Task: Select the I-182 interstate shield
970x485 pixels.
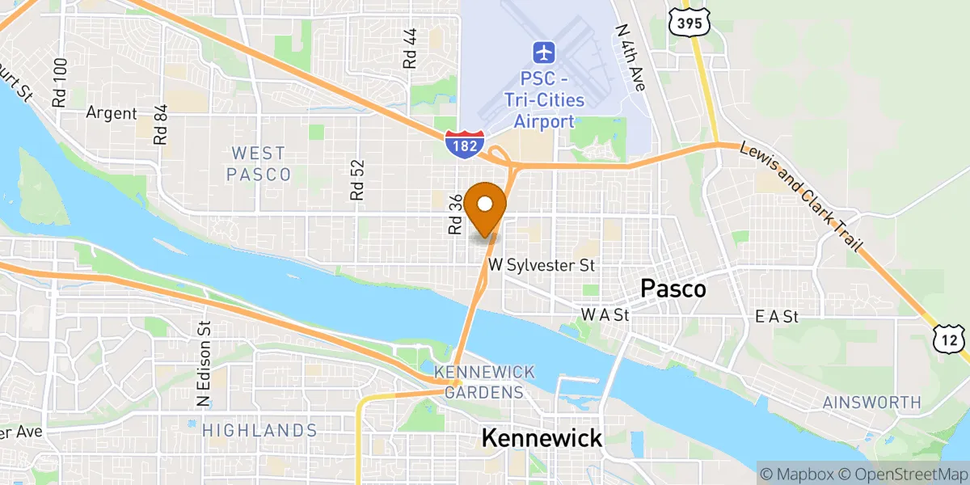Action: point(464,142)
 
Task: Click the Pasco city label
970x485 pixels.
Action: point(673,289)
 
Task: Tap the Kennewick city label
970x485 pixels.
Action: point(542,438)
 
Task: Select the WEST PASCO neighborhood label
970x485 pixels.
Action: point(258,163)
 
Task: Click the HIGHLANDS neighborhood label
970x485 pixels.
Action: point(259,430)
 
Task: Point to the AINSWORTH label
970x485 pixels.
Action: point(871,402)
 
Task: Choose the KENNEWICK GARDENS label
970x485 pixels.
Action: point(484,382)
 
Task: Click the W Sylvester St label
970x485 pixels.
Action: point(542,265)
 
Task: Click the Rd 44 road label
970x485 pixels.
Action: point(411,48)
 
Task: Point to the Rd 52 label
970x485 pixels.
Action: point(358,179)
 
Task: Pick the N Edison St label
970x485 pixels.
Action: point(204,363)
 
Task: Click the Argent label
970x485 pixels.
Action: point(112,113)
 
